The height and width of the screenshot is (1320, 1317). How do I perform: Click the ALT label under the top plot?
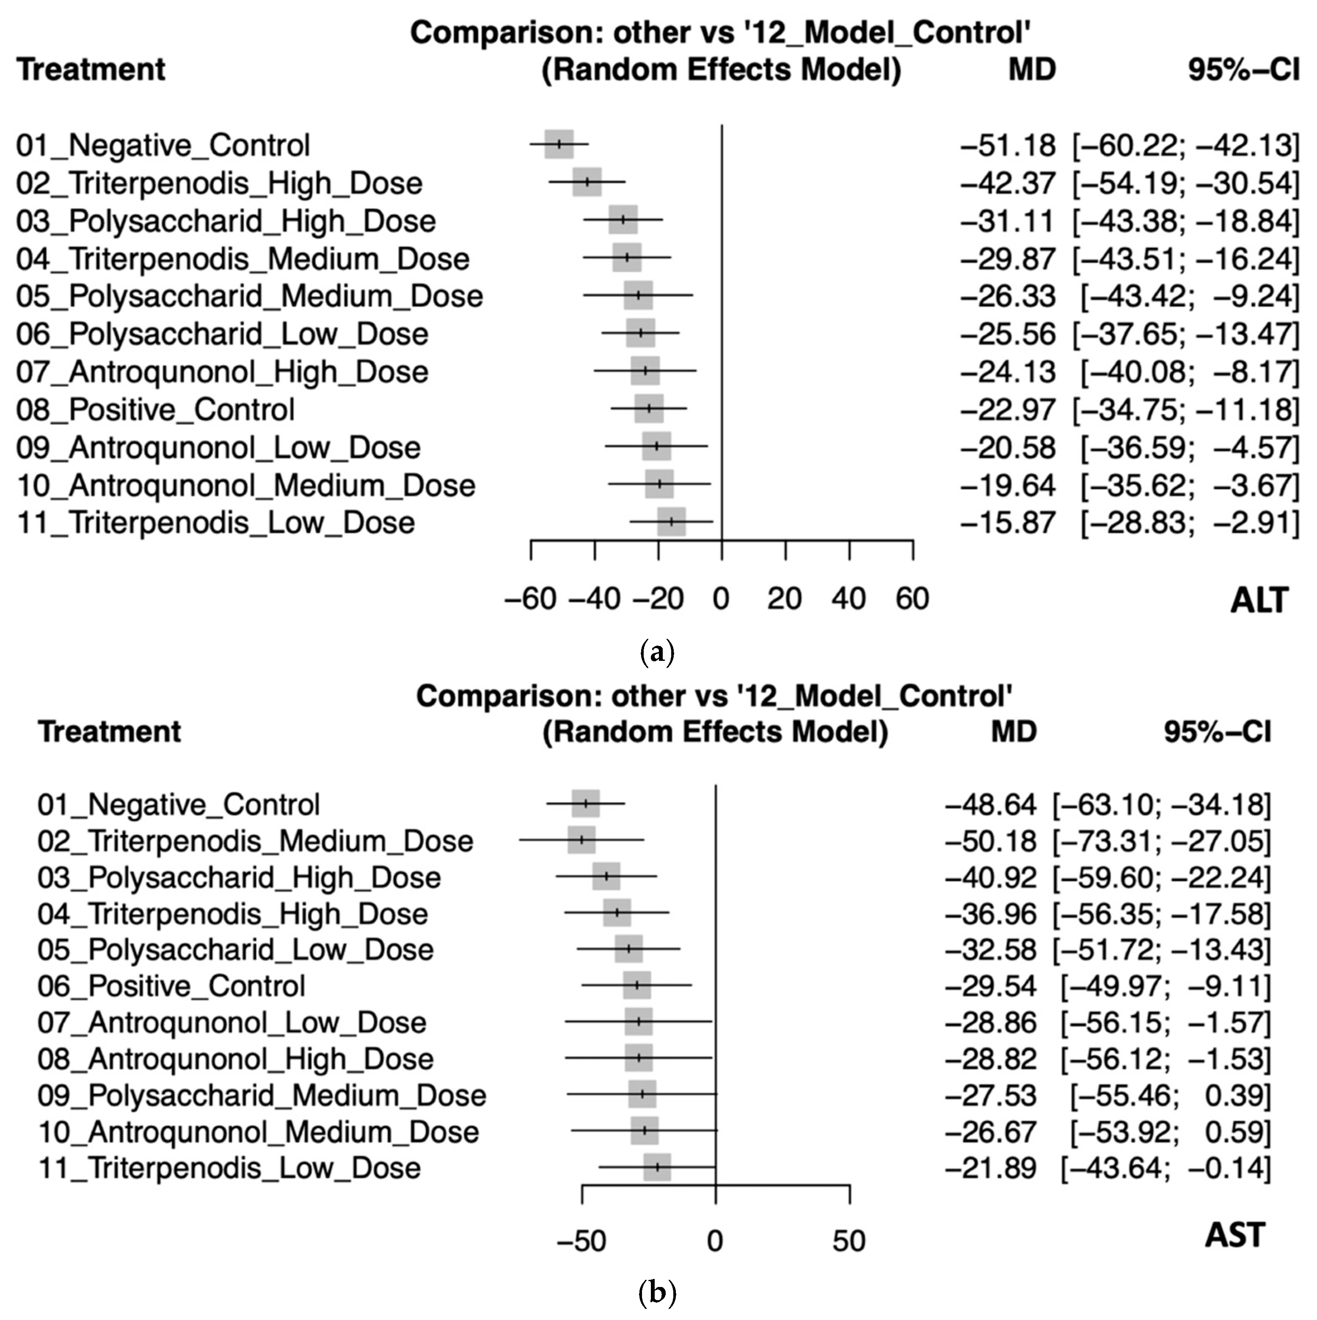(1259, 601)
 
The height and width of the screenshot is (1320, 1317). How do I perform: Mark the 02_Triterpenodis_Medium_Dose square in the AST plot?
(581, 840)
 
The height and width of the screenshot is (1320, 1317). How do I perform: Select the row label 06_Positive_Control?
(171, 986)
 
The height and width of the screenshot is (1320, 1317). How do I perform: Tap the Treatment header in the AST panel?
(109, 732)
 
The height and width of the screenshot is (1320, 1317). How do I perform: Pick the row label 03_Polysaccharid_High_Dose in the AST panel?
(239, 877)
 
